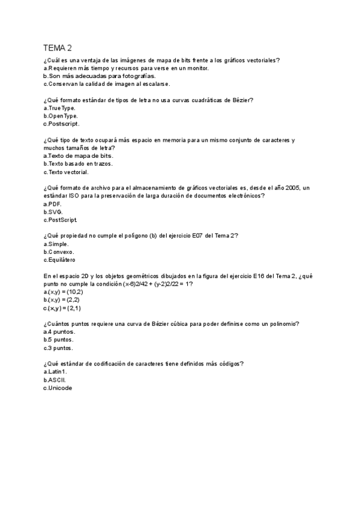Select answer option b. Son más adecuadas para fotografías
[91, 76]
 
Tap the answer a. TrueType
[59, 108]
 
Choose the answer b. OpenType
[61, 116]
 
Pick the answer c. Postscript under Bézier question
[61, 124]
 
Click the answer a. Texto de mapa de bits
[78, 155]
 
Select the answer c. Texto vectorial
[66, 172]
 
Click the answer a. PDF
[53, 204]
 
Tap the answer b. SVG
[53, 212]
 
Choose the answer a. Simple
[56, 244]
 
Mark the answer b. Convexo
[59, 252]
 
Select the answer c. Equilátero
[59, 260]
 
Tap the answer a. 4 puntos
[59, 332]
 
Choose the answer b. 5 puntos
[59, 340]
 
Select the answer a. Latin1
[55, 372]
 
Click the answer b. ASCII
[55, 380]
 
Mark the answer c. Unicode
[58, 388]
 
